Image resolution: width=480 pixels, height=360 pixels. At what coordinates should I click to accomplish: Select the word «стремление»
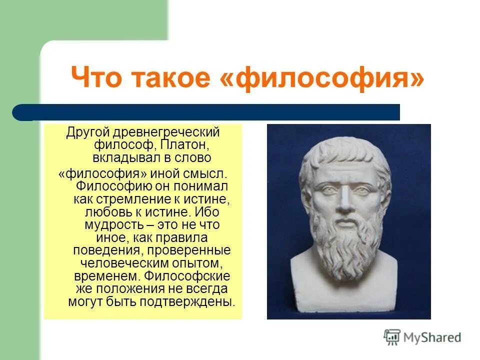pyautogui.click(x=131, y=198)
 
